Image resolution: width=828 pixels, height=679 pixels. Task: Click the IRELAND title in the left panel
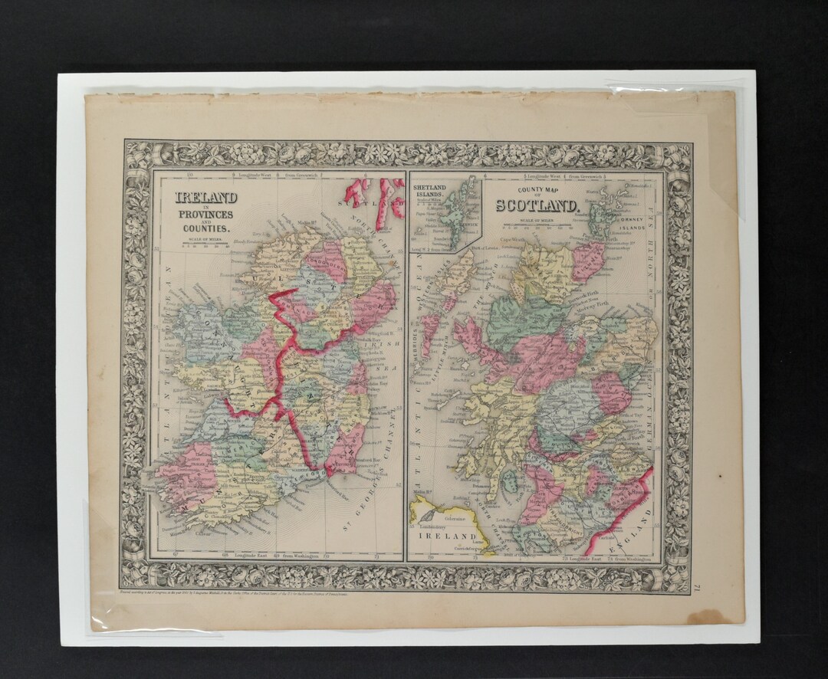205,197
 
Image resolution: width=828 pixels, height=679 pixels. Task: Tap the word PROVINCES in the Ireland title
205,214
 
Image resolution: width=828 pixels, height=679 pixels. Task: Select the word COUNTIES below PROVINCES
205,228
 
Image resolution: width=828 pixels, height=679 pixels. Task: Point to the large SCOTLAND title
537,205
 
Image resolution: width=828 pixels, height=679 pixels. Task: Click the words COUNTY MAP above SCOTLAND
537,189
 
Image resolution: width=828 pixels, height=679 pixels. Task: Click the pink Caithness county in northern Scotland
587,261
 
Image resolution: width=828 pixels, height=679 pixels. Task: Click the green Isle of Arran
508,481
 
